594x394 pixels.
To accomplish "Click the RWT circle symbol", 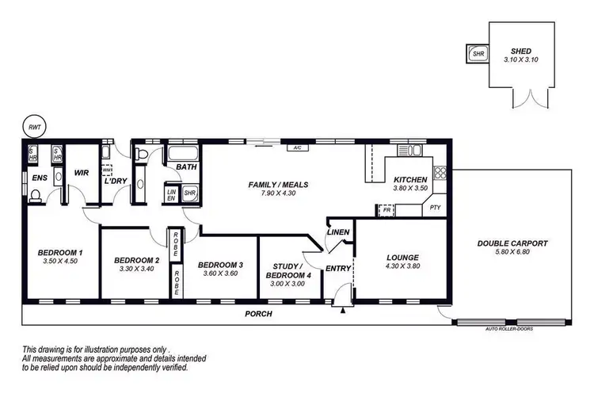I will point(33,127).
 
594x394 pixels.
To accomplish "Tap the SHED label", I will point(521,51).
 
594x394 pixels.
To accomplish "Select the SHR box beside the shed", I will point(478,54).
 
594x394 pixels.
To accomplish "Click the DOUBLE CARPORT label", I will point(512,243).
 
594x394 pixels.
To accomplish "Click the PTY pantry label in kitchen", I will point(435,208).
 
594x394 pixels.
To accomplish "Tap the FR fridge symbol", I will point(386,210).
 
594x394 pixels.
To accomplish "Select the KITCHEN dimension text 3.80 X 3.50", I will point(410,189).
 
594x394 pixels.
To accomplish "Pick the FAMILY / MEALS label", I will point(278,185).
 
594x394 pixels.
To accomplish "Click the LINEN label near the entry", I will point(338,232).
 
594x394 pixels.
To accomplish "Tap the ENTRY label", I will point(338,268).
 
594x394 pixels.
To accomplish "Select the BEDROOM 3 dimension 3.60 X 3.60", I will point(219,274).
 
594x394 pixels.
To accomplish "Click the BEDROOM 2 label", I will point(136,260).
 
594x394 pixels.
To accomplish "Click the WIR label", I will point(81,172).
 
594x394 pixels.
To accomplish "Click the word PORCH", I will point(259,314).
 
